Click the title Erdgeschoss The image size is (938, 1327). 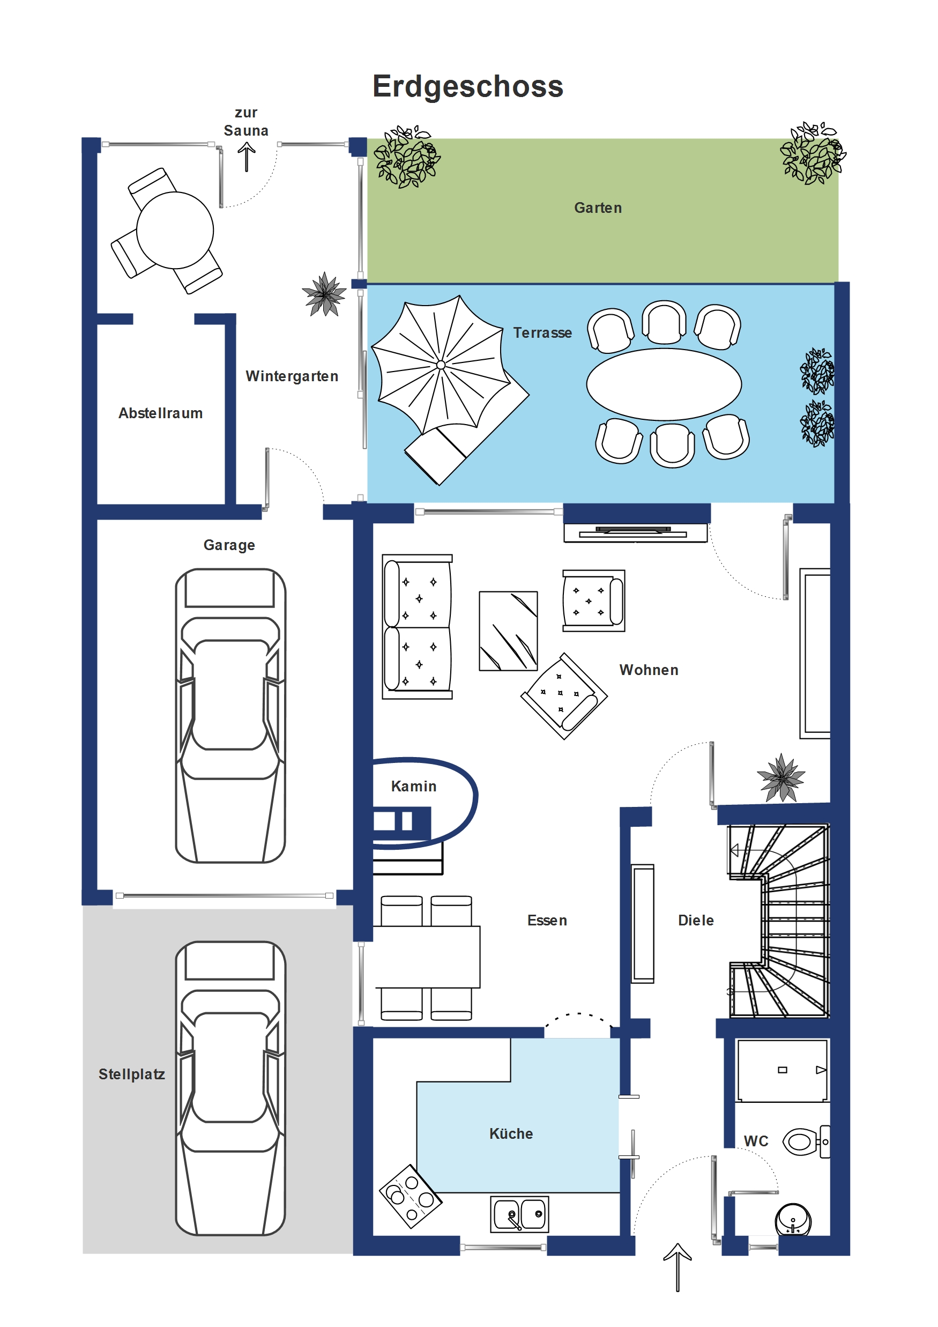pyautogui.click(x=467, y=87)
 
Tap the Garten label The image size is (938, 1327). pyautogui.click(x=598, y=207)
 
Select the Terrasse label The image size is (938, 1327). pyautogui.click(x=542, y=332)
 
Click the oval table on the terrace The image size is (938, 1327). pyautogui.click(x=664, y=384)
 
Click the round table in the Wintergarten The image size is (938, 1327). pyautogui.click(x=175, y=230)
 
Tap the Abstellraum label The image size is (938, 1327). pyautogui.click(x=161, y=413)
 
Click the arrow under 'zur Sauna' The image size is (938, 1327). pyautogui.click(x=247, y=157)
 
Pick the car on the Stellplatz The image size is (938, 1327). pyautogui.click(x=230, y=1088)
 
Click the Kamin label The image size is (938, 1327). pyautogui.click(x=414, y=786)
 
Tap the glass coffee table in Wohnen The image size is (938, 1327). pyautogui.click(x=509, y=631)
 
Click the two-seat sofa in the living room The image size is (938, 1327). pyautogui.click(x=417, y=627)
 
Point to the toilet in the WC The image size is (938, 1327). pyautogui.click(x=806, y=1141)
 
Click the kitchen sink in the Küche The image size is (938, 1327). pyautogui.click(x=519, y=1214)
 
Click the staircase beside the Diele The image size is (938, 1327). pyautogui.click(x=779, y=921)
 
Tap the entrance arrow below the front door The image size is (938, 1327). pyautogui.click(x=678, y=1267)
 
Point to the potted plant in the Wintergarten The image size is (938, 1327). pyautogui.click(x=324, y=294)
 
